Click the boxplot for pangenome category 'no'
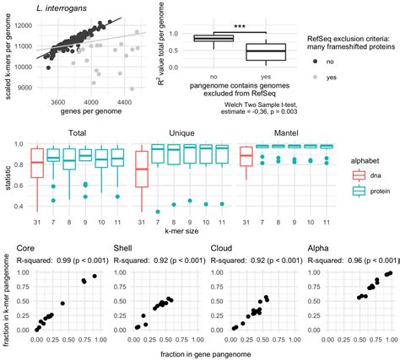coord(214,38)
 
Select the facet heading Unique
coord(180,133)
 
